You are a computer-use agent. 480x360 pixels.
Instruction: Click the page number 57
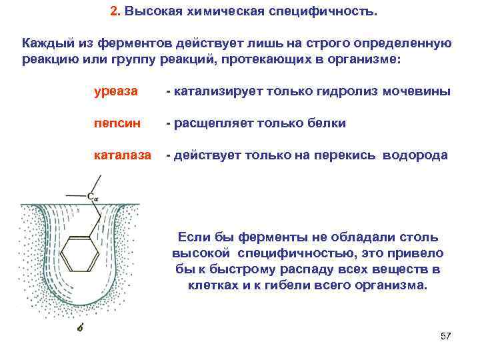(x=446, y=335)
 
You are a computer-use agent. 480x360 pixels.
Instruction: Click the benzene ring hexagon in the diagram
(x=80, y=253)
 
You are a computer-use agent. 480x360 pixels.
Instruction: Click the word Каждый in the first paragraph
(x=47, y=43)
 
